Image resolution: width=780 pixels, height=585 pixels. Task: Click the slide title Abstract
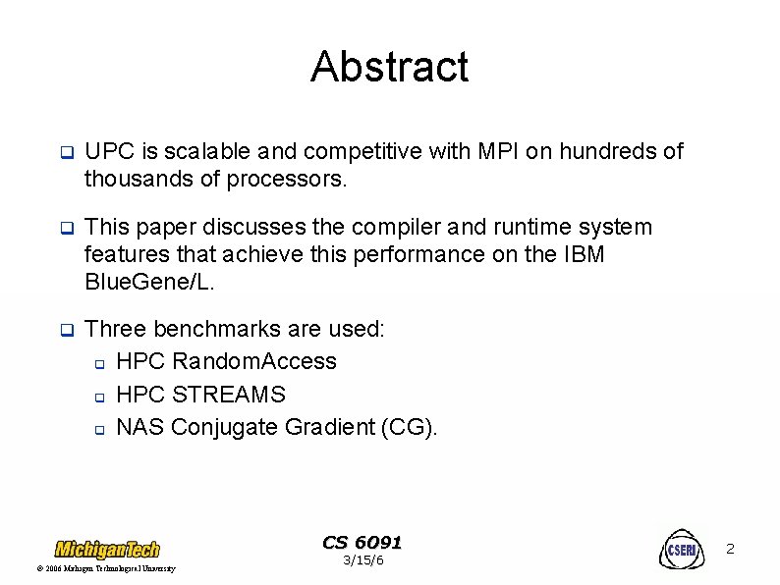point(389,67)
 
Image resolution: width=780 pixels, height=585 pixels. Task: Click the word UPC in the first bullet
point(108,152)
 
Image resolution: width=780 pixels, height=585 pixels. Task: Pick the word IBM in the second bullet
point(580,255)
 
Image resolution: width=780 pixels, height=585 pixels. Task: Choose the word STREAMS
point(228,395)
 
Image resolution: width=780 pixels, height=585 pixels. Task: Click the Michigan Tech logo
point(106,549)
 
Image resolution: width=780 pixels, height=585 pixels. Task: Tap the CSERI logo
point(681,550)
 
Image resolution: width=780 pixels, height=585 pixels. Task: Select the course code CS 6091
point(362,543)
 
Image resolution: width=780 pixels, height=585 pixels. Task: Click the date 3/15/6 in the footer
point(362,560)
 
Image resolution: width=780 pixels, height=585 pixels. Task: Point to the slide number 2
point(730,550)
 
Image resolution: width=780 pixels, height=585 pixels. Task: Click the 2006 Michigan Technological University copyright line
point(106,569)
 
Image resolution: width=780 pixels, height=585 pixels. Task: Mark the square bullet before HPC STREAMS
point(99,396)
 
